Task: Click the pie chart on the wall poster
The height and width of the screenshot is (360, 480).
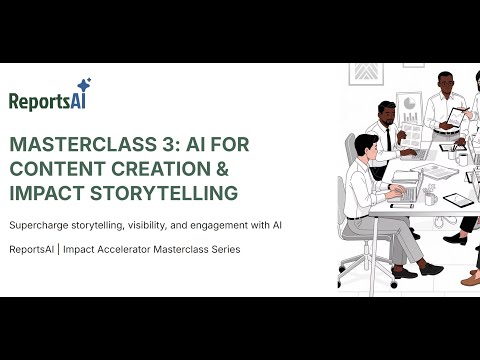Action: [x=410, y=102]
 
